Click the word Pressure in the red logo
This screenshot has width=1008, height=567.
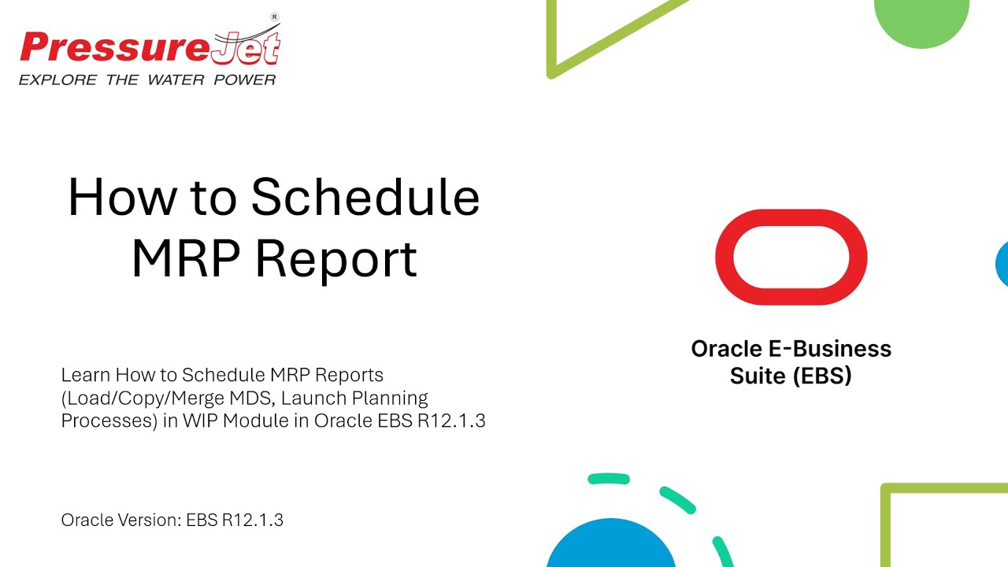[114, 49]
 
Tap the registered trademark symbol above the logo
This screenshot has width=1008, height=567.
[275, 17]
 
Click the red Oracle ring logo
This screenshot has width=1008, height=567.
[791, 257]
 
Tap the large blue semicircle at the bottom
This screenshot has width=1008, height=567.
[610, 547]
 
